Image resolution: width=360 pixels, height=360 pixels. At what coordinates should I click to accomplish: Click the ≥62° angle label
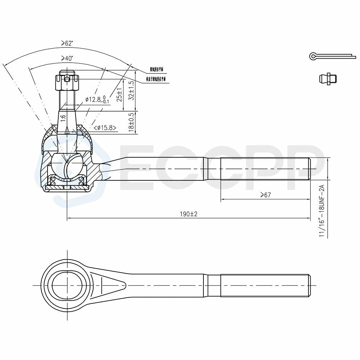(67, 44)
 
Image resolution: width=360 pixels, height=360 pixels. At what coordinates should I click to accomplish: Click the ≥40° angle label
(67, 58)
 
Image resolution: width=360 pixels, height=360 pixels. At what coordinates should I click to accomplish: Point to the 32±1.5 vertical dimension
(131, 90)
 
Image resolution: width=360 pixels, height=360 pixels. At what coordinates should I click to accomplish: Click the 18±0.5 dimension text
(131, 123)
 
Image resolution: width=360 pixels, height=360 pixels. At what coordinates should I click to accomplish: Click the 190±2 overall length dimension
(189, 214)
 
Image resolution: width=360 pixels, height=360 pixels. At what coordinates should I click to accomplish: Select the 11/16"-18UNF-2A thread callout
(322, 211)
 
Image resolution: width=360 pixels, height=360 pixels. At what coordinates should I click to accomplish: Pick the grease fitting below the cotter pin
(328, 78)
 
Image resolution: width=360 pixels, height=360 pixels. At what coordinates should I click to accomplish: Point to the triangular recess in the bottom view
(108, 284)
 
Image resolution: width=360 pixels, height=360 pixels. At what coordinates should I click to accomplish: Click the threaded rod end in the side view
(265, 169)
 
